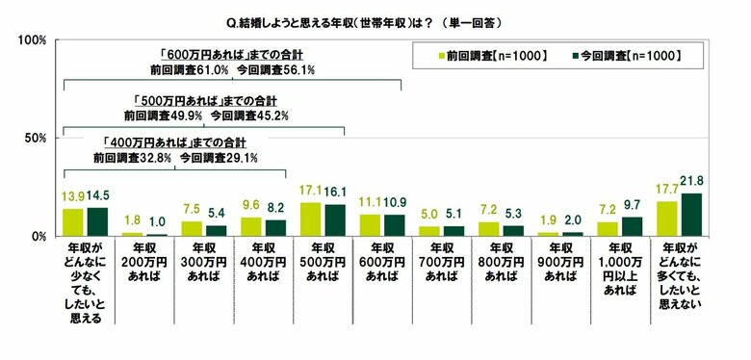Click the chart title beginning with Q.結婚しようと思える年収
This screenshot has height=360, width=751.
pyautogui.click(x=375, y=19)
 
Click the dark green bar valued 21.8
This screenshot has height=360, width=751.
pyautogui.click(x=691, y=215)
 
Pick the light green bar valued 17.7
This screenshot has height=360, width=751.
pyautogui.click(x=668, y=219)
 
